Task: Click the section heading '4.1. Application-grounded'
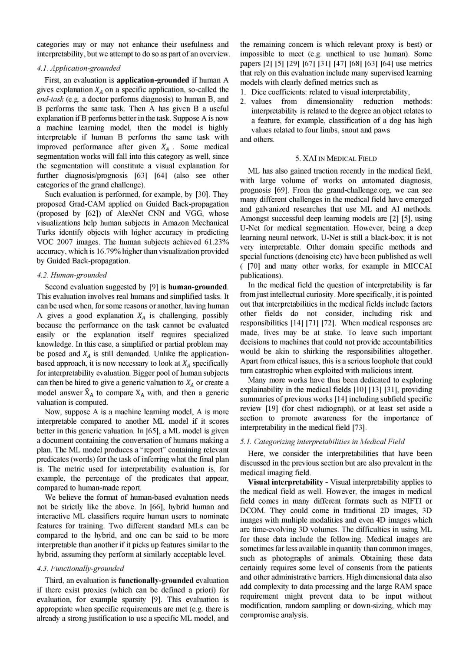coord(79,68)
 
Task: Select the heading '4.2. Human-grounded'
coord(72,275)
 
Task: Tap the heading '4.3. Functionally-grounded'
coord(80,568)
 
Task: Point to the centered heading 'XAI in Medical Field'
coord(336,158)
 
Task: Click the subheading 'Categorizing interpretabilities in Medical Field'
coord(322,442)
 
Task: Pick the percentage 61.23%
coord(216,242)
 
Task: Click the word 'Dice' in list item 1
coord(259,92)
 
